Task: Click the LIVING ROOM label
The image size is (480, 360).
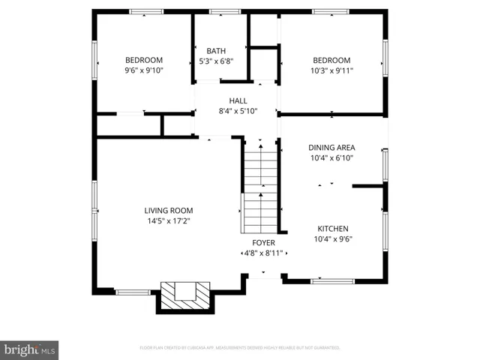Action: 169,211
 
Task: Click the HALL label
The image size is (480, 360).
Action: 238,100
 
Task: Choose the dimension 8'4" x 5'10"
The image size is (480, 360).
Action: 238,111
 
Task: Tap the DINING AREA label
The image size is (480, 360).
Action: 331,148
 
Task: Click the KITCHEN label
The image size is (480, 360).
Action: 332,229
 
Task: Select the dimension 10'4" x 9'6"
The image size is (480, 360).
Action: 332,239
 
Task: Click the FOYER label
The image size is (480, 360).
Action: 263,243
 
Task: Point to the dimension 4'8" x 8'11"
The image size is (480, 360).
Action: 263,253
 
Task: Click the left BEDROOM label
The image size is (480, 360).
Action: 144,60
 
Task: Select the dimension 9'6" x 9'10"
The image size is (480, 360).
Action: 144,70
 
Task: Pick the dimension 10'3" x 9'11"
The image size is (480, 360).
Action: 332,70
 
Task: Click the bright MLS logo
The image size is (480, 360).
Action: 30,349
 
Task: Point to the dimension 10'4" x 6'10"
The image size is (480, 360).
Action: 331,158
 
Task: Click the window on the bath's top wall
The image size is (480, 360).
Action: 220,12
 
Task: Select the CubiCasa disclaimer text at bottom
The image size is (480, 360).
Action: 240,348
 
